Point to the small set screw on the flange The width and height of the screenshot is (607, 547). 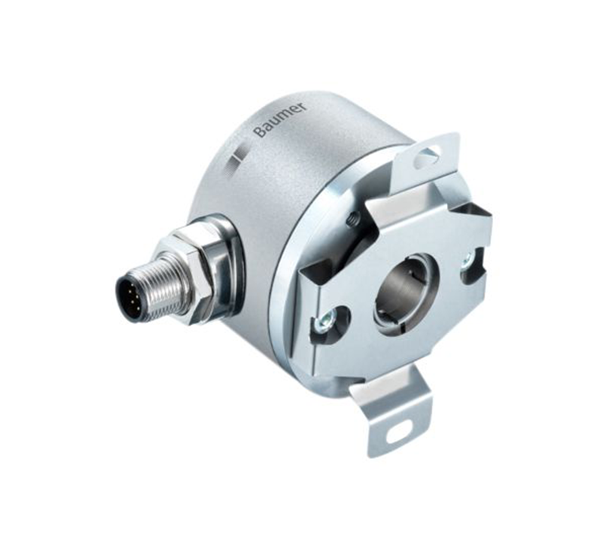tap(351, 221)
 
